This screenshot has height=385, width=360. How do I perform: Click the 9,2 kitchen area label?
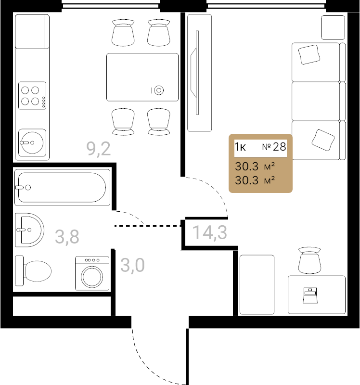(99, 149)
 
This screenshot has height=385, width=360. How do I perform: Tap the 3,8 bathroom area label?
(67, 237)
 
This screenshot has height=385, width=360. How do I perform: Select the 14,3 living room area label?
(210, 232)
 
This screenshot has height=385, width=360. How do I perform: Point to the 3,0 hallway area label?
(133, 265)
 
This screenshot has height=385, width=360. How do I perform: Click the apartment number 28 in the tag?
(280, 147)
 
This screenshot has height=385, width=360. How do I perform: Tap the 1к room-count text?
(240, 147)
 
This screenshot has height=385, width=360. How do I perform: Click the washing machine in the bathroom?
(92, 273)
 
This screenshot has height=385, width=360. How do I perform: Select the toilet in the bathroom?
(33, 271)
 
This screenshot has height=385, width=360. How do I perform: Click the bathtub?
(63, 187)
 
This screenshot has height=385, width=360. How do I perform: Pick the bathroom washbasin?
(29, 230)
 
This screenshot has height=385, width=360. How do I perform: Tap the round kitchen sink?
(32, 142)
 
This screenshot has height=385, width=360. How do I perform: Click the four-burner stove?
(32, 95)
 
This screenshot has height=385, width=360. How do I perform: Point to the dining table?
(142, 77)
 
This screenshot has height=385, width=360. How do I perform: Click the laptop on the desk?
(310, 295)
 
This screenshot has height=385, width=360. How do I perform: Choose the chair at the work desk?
(309, 260)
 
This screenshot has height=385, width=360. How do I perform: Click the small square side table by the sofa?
(333, 27)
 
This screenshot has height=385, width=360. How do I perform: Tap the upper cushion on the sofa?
(309, 55)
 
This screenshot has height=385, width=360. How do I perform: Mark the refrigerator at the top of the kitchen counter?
(32, 31)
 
